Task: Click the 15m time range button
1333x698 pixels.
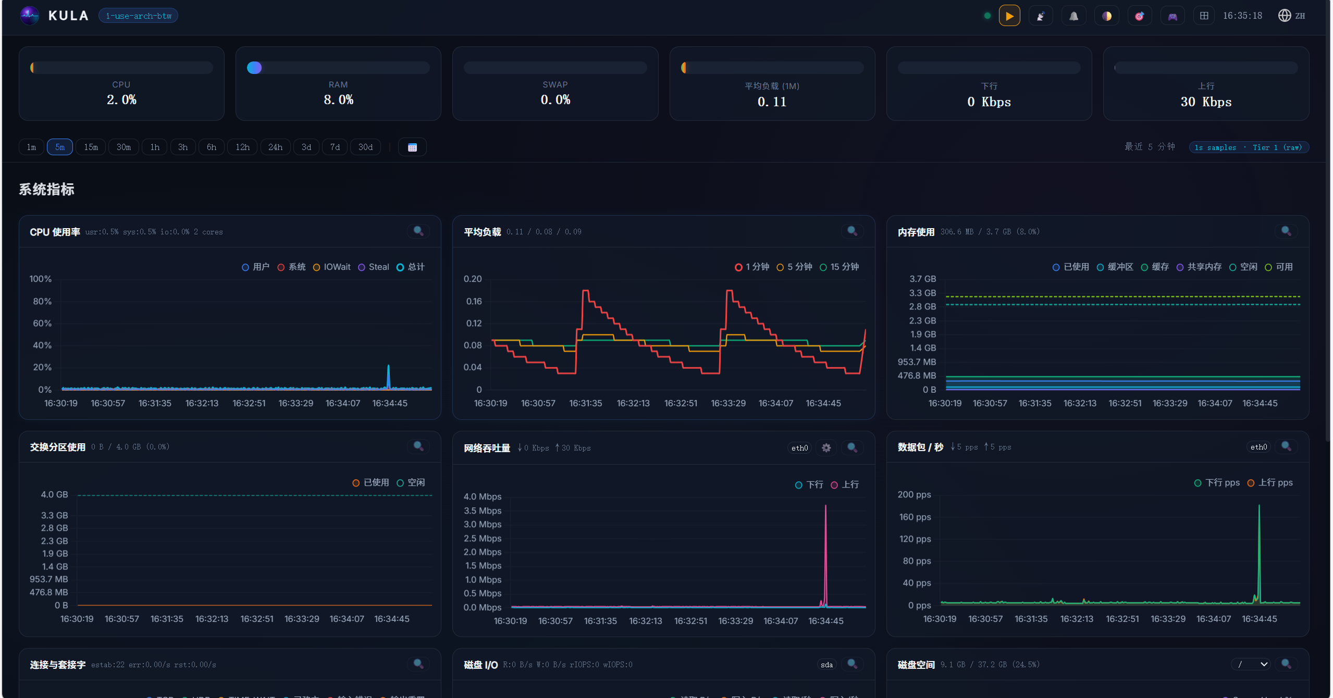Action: [91, 147]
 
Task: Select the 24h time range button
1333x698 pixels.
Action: [275, 147]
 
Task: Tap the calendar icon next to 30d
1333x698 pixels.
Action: [412, 147]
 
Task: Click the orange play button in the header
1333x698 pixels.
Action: [1009, 16]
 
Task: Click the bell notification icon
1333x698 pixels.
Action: [1073, 16]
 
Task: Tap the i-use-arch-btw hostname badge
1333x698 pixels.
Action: [139, 16]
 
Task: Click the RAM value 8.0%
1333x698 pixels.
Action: [338, 99]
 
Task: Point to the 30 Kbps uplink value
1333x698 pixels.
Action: [1206, 102]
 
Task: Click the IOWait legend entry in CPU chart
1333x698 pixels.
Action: [332, 267]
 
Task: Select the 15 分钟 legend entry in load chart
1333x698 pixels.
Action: [840, 267]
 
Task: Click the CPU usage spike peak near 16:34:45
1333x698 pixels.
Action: [388, 366]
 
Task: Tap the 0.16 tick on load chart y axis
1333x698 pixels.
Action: [474, 301]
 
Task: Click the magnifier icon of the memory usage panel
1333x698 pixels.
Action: [1286, 231]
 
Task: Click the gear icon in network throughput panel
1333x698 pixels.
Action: [826, 447]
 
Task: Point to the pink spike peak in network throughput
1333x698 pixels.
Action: [825, 506]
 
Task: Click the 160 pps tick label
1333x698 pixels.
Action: [915, 517]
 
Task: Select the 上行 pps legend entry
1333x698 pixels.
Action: [1270, 483]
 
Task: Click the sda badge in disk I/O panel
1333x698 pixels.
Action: [826, 665]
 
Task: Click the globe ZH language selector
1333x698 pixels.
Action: [1291, 16]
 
